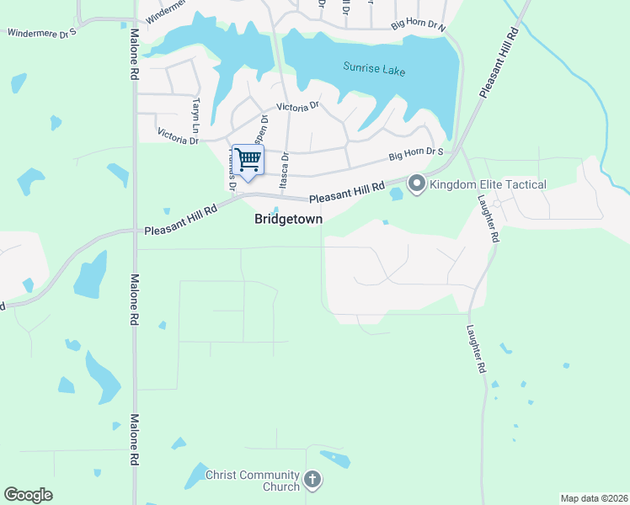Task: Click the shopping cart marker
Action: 248,159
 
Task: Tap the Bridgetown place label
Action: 288,218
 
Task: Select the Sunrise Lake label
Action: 374,69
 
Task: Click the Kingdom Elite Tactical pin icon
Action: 417,183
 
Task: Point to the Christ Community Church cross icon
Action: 312,481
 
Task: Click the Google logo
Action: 28,495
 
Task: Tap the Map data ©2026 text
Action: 593,498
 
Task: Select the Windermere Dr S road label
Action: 42,33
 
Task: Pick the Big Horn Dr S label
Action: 416,154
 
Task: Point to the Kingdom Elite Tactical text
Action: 488,184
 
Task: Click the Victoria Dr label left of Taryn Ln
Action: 178,136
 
